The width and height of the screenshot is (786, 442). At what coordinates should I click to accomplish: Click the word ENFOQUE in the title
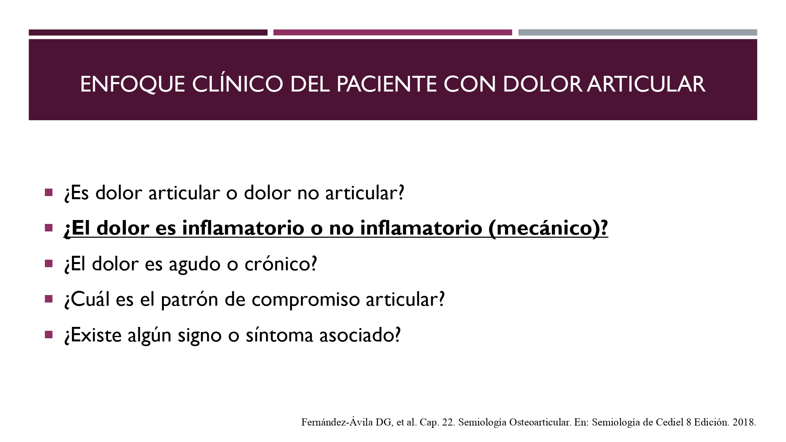point(133,84)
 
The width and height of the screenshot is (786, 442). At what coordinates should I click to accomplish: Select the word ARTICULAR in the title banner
point(646,84)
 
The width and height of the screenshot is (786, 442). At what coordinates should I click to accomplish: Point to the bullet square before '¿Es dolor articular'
point(49,193)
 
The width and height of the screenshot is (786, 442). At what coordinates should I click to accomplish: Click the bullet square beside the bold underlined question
point(49,228)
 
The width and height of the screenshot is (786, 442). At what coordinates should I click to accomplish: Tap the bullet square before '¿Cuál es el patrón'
point(49,299)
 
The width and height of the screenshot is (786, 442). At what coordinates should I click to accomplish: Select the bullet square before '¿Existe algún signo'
point(49,335)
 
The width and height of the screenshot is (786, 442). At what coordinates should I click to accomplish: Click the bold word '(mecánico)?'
point(548,228)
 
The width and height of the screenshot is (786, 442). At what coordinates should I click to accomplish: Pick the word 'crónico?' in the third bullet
point(281,264)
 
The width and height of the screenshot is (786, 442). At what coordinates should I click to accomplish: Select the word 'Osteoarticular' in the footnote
point(540,422)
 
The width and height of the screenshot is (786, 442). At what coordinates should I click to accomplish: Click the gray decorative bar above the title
point(637,32)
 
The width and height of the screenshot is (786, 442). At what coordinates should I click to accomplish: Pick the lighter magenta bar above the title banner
point(393,32)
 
